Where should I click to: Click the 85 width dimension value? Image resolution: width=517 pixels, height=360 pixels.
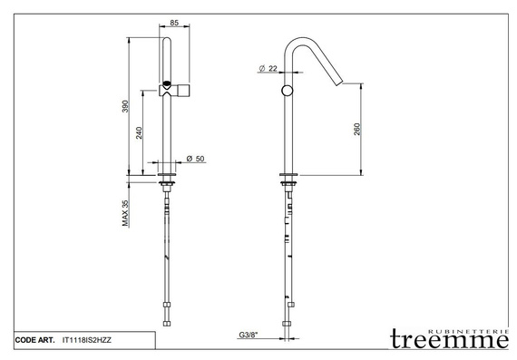click(x=174, y=23)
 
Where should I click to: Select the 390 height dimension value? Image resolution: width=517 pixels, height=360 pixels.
click(x=125, y=106)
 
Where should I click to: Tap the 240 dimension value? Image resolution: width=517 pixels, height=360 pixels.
click(x=139, y=133)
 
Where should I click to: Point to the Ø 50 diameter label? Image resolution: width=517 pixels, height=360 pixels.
click(x=195, y=159)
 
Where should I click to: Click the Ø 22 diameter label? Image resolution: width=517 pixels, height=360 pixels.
click(x=268, y=68)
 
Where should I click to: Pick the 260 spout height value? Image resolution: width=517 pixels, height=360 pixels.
click(x=356, y=130)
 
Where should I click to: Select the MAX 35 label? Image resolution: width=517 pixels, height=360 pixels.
click(x=125, y=213)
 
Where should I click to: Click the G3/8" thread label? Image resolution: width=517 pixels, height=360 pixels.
click(x=248, y=335)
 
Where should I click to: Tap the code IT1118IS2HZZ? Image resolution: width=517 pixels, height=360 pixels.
click(x=87, y=340)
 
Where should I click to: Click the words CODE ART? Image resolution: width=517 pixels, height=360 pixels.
click(x=35, y=340)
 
